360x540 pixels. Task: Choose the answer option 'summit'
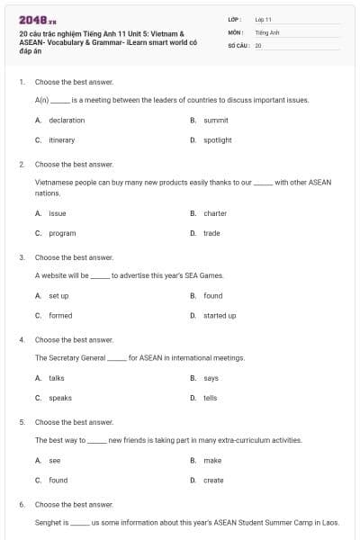216,120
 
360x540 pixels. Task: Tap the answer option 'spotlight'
218,139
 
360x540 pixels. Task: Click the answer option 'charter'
215,213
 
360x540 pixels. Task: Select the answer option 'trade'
211,233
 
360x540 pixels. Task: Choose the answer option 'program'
62,233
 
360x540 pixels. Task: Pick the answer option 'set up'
58,295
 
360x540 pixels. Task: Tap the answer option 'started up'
220,315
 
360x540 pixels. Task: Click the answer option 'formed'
60,315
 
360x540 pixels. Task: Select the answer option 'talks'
57,378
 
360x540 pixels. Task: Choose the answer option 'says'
211,378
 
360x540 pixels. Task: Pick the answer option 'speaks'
60,398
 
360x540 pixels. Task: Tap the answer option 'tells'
211,398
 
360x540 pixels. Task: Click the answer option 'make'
212,460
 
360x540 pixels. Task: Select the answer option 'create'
213,480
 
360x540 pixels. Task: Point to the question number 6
21,505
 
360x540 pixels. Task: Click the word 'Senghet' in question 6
47,521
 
